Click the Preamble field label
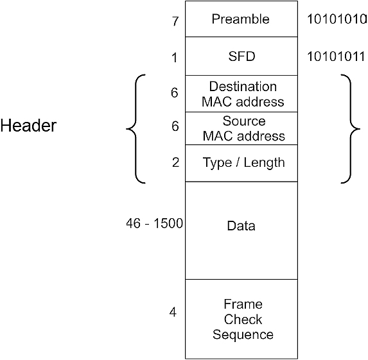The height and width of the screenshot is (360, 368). tap(241, 19)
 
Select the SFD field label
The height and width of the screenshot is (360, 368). tap(241, 56)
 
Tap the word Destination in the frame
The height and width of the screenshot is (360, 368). tap(243, 87)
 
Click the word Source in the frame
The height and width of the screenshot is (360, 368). tap(244, 121)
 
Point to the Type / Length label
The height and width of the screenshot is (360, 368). tap(243, 163)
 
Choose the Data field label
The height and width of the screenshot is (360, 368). tap(241, 226)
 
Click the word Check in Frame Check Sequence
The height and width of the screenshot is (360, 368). tap(243, 320)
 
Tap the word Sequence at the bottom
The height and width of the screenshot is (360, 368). tap(243, 335)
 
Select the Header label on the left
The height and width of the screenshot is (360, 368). tap(28, 126)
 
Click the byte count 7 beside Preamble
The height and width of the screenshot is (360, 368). tap(175, 22)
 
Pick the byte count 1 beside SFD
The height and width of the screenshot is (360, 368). tap(175, 58)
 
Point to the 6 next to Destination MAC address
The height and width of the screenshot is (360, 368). tap(175, 92)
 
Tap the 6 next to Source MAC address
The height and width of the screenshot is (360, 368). tap(175, 126)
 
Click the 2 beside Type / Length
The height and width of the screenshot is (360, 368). tap(176, 162)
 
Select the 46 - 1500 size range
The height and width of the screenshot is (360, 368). tap(154, 223)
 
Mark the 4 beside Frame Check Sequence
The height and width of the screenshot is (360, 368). tap(173, 312)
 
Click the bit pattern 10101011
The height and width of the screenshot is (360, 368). tap(336, 56)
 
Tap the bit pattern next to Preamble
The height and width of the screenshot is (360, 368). tap(337, 19)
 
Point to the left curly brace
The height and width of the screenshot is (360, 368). tap(136, 129)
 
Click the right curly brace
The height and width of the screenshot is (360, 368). tap(351, 129)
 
